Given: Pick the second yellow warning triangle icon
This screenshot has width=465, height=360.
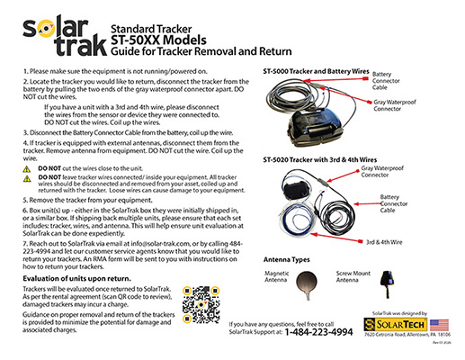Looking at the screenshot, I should [28, 181].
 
